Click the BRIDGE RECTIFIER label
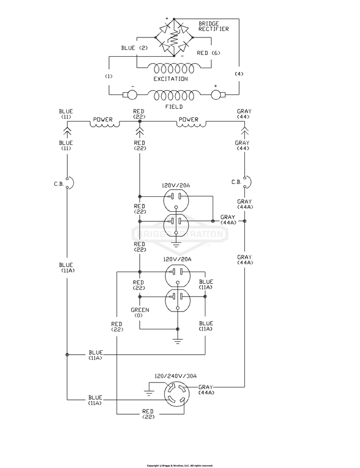click(x=214, y=26)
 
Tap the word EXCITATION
click(x=171, y=79)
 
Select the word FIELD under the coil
click(x=174, y=107)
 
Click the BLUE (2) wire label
click(x=134, y=48)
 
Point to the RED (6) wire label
click(x=208, y=53)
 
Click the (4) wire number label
click(x=239, y=74)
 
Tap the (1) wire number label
click(x=108, y=76)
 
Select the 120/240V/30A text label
click(x=175, y=376)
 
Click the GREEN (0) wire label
click(x=140, y=312)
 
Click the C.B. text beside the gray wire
click(x=236, y=182)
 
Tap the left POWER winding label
click(x=103, y=120)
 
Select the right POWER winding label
click(x=188, y=120)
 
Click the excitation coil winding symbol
click(x=174, y=69)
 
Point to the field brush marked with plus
click(x=218, y=95)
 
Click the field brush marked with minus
click(x=130, y=95)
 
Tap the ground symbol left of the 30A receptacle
click(x=149, y=392)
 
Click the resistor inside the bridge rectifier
click(x=174, y=37)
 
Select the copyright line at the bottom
click(x=180, y=466)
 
